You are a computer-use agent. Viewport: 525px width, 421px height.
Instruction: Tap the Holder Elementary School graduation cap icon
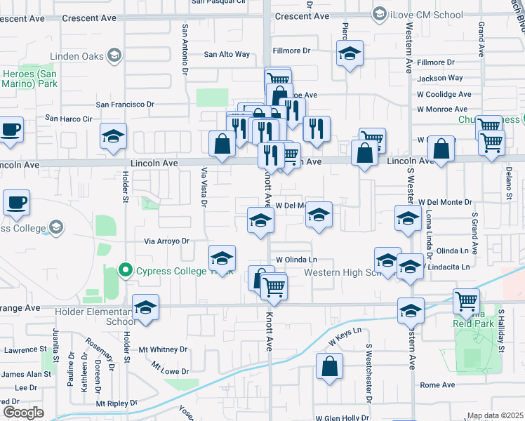(x=145, y=308)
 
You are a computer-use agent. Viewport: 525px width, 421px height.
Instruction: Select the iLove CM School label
(x=427, y=15)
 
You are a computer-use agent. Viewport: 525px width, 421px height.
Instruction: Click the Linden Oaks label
(x=78, y=55)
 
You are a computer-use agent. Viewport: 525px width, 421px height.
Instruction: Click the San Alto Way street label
(x=227, y=54)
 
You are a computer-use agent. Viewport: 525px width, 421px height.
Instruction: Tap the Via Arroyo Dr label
(x=167, y=241)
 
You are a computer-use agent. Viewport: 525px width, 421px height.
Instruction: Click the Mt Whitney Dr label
(x=164, y=349)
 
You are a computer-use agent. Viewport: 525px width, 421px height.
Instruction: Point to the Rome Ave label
(x=437, y=385)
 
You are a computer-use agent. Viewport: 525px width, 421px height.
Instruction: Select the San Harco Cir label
(x=69, y=119)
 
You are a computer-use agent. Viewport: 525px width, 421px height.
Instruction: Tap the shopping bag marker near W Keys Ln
(x=330, y=366)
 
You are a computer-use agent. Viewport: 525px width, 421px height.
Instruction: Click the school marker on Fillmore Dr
(x=350, y=54)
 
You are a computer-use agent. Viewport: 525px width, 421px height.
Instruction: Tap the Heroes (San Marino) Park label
(x=29, y=79)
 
